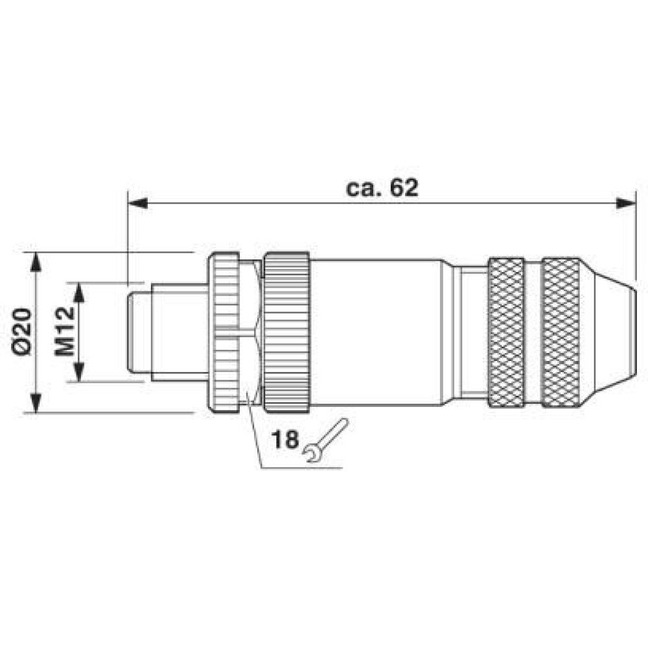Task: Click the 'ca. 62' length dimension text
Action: click(382, 187)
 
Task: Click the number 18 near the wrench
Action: click(285, 440)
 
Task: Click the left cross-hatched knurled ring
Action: click(505, 332)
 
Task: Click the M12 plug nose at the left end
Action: click(139, 332)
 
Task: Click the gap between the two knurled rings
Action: click(533, 332)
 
